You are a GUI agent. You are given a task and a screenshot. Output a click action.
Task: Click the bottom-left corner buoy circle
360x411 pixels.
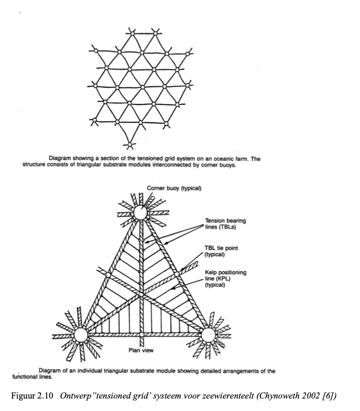pyautogui.click(x=81, y=335)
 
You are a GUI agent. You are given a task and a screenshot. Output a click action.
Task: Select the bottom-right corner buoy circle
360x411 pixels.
pyautogui.click(x=209, y=335)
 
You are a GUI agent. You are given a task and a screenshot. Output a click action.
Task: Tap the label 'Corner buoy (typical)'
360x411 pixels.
pyautogui.click(x=174, y=188)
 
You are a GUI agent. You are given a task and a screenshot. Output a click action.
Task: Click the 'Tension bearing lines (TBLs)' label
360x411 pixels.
pyautogui.click(x=225, y=224)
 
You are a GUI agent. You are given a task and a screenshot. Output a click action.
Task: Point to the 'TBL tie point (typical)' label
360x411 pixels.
pyautogui.click(x=221, y=251)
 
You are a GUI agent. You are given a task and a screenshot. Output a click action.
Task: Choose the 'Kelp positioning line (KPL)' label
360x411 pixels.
pyautogui.click(x=225, y=278)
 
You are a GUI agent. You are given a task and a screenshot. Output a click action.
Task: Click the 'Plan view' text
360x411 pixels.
pyautogui.click(x=141, y=350)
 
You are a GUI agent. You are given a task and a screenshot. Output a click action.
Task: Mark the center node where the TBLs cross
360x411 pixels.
pyautogui.click(x=142, y=294)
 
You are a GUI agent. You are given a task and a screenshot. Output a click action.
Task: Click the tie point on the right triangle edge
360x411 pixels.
pyautogui.click(x=177, y=274)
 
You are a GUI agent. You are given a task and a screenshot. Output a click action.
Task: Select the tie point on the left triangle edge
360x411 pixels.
pyautogui.click(x=108, y=275)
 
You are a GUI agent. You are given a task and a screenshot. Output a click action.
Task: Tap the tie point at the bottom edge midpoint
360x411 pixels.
pyautogui.click(x=142, y=335)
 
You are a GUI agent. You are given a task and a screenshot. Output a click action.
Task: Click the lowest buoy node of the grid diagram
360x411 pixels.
pyautogui.click(x=130, y=144)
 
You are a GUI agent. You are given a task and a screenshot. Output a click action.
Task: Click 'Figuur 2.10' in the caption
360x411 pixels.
pyautogui.click(x=32, y=395)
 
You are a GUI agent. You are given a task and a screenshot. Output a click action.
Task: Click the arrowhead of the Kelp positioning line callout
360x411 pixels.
pyautogui.click(x=172, y=289)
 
